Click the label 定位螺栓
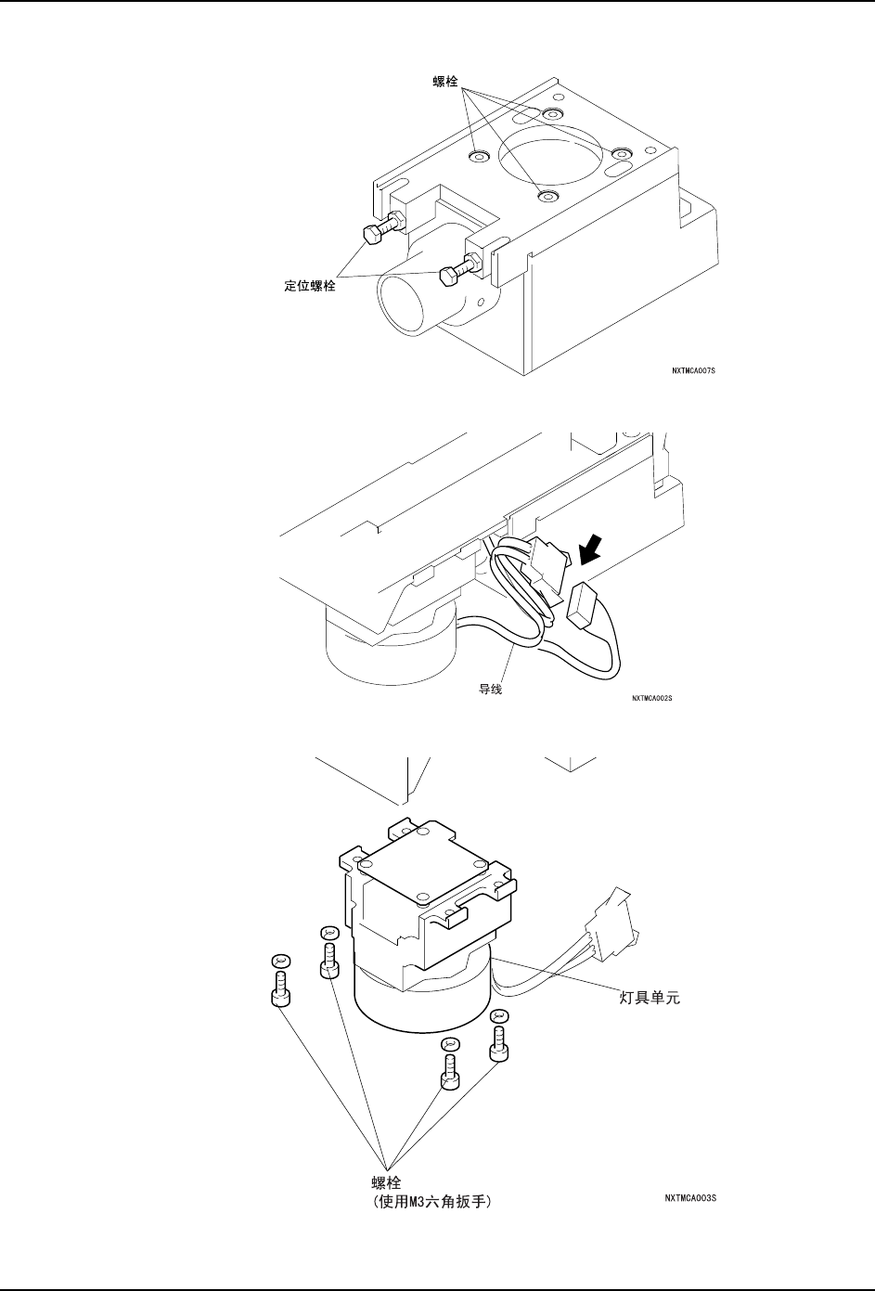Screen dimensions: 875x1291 pos(310,287)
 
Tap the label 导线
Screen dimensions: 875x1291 pos(490,691)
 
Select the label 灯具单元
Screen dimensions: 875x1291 pos(650,1001)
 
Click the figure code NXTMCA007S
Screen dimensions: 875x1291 pos(694,369)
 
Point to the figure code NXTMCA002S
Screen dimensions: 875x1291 pos(651,698)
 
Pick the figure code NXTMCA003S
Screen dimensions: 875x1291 pos(689,1197)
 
